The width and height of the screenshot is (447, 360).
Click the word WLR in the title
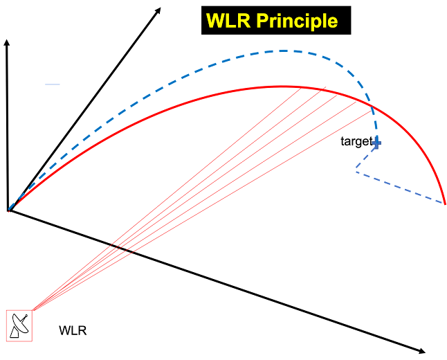tap(228, 21)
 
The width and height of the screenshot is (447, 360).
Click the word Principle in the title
tap(298, 21)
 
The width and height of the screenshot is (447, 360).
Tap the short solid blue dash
tap(53, 84)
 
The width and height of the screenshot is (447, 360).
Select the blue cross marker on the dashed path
tap(376, 143)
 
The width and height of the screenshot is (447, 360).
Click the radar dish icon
tap(19, 325)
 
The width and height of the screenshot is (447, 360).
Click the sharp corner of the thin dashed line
tap(356, 171)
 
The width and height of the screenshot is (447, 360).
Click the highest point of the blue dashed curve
tap(284, 50)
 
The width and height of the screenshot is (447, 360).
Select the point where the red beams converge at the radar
tap(33, 310)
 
